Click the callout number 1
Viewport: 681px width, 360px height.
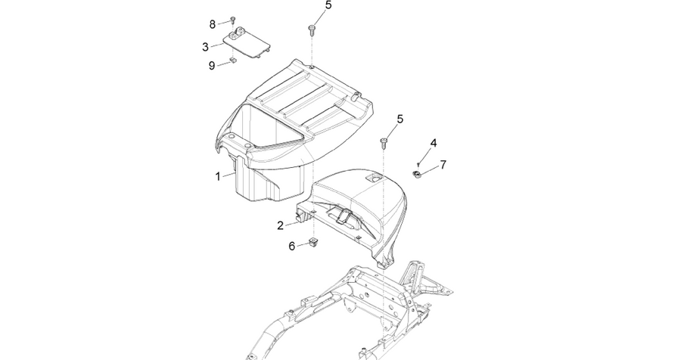(218, 177)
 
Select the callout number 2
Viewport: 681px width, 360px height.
(281, 225)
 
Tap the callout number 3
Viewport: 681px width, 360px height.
(205, 47)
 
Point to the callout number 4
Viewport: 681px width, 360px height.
(434, 143)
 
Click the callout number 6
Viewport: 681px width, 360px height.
(292, 247)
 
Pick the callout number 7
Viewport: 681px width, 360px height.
(443, 165)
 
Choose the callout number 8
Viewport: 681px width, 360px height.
(213, 24)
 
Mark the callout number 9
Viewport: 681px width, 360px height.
(212, 66)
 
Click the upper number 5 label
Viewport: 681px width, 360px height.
(328, 5)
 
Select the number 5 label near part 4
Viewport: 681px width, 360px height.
(400, 119)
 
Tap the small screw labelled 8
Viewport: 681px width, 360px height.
(232, 20)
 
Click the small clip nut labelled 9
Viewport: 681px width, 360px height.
(232, 61)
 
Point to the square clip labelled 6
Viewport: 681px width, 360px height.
(313, 241)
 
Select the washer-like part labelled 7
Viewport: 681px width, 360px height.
(416, 175)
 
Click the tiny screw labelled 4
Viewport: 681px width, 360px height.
(418, 164)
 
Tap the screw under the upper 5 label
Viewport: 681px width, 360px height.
(312, 29)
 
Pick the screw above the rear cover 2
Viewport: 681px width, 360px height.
(384, 142)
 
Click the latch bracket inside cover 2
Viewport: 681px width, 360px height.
(343, 215)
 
